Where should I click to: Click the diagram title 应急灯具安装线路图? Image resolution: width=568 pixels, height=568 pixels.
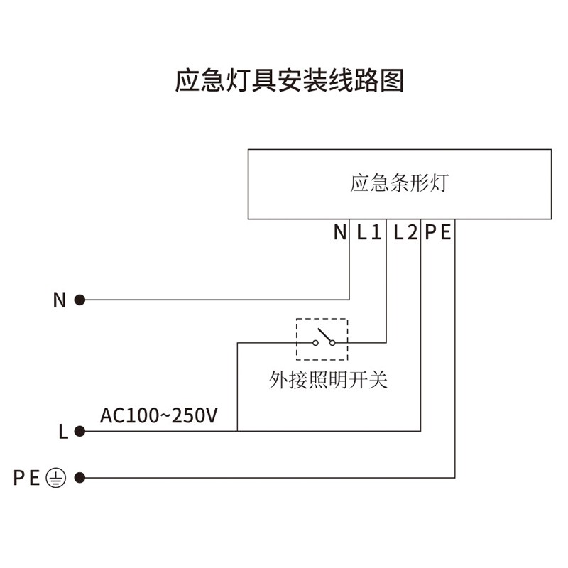[289, 81]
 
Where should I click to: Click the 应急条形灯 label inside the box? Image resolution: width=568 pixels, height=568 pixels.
[399, 183]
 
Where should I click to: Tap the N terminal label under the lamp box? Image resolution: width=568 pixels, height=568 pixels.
[339, 232]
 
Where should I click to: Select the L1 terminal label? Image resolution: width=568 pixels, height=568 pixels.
[369, 232]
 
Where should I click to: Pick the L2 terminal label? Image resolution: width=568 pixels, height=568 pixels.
[405, 232]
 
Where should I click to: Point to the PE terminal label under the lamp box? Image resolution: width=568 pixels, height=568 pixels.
[438, 232]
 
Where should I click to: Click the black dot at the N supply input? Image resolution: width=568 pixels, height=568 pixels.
[80, 300]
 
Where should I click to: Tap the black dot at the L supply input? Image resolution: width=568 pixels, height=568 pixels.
[80, 430]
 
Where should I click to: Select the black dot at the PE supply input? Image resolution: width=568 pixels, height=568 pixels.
[80, 478]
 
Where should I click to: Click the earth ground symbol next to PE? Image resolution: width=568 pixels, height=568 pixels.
[55, 478]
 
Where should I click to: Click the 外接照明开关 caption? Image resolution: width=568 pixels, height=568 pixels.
[328, 380]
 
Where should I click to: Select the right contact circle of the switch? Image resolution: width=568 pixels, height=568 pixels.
[332, 343]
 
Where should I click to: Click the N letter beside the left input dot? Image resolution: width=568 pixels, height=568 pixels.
[60, 300]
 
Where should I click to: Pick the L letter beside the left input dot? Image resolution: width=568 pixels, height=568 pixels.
[62, 431]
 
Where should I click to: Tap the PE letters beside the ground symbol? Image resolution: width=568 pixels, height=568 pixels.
[27, 478]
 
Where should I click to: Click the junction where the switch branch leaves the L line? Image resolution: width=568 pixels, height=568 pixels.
[237, 430]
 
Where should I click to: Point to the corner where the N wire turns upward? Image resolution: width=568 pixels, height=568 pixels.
[350, 300]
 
